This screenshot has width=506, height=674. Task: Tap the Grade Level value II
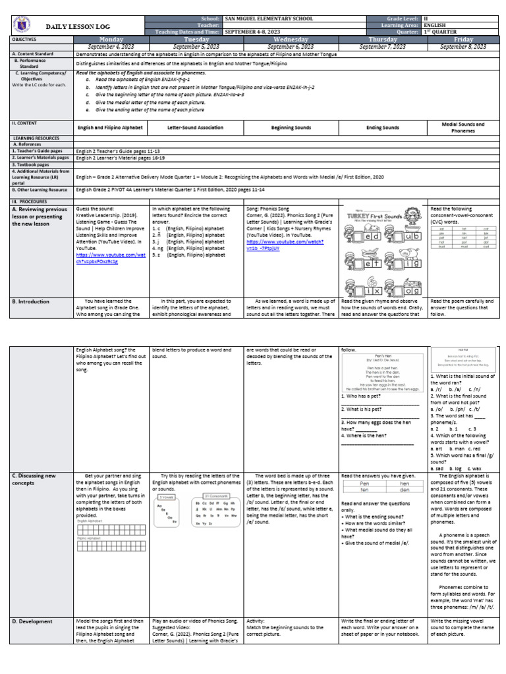pyautogui.click(x=426, y=18)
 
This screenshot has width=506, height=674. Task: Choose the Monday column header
pyautogui.click(x=111, y=39)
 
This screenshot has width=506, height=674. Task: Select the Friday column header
pyautogui.click(x=463, y=39)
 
